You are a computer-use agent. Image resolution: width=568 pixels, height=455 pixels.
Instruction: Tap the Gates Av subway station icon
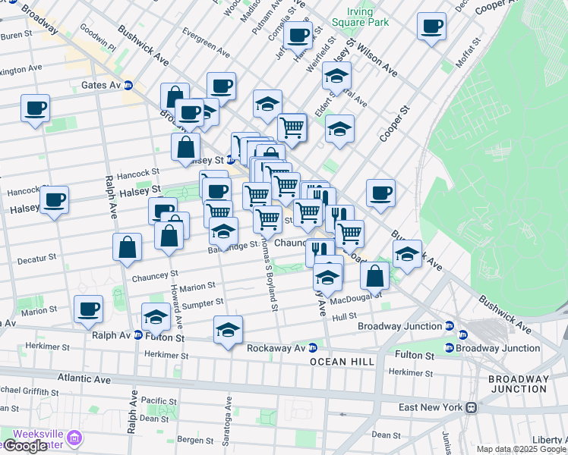tap(129, 86)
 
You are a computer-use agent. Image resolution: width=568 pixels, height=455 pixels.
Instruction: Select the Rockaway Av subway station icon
tap(312, 348)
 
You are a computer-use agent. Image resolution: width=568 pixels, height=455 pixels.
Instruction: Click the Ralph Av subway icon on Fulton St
tap(138, 334)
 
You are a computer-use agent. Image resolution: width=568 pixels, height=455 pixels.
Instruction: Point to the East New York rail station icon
tap(472, 407)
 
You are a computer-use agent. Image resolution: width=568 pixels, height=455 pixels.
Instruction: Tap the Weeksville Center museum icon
tap(74, 438)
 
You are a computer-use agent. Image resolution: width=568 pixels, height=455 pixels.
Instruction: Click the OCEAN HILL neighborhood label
tap(342, 362)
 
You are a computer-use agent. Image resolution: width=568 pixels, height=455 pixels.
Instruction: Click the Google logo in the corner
tap(24, 446)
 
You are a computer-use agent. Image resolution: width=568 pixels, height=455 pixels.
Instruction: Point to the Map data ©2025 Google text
tap(521, 449)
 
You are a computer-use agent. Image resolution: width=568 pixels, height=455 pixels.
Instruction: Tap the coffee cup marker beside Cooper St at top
tap(431, 26)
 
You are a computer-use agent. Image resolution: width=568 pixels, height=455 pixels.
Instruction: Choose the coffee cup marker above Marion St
tap(88, 309)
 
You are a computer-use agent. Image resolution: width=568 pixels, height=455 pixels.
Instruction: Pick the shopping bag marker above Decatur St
tap(127, 246)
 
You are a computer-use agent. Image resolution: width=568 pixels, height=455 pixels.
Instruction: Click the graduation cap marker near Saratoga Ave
tap(228, 330)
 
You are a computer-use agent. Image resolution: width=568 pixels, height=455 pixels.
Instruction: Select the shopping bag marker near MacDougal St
tap(374, 275)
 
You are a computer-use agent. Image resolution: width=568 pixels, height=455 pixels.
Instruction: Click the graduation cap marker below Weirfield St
tap(336, 76)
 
